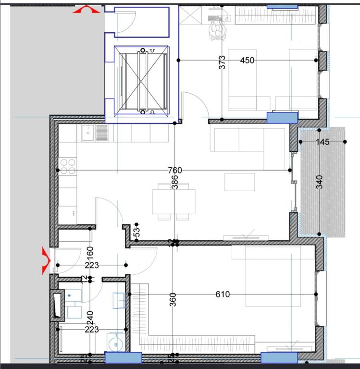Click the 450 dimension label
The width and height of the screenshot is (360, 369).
tap(247, 60)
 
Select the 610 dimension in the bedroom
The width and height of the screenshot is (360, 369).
tap(223, 294)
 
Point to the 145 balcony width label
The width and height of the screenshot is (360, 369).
tap(323, 142)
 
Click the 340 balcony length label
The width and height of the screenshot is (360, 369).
tap(320, 181)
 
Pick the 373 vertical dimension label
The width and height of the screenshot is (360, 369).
tap(222, 63)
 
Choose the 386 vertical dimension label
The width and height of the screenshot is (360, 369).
tap(175, 181)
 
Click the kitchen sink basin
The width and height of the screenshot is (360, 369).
tap(88, 133)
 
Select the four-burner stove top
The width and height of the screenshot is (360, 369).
tap(68, 166)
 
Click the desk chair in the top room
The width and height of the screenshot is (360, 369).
tap(217, 30)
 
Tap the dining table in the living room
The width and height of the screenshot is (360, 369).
tap(174, 201)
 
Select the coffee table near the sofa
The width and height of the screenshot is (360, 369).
tap(239, 182)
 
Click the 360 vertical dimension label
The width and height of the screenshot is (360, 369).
tap(173, 299)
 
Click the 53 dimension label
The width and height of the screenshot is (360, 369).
tap(137, 232)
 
